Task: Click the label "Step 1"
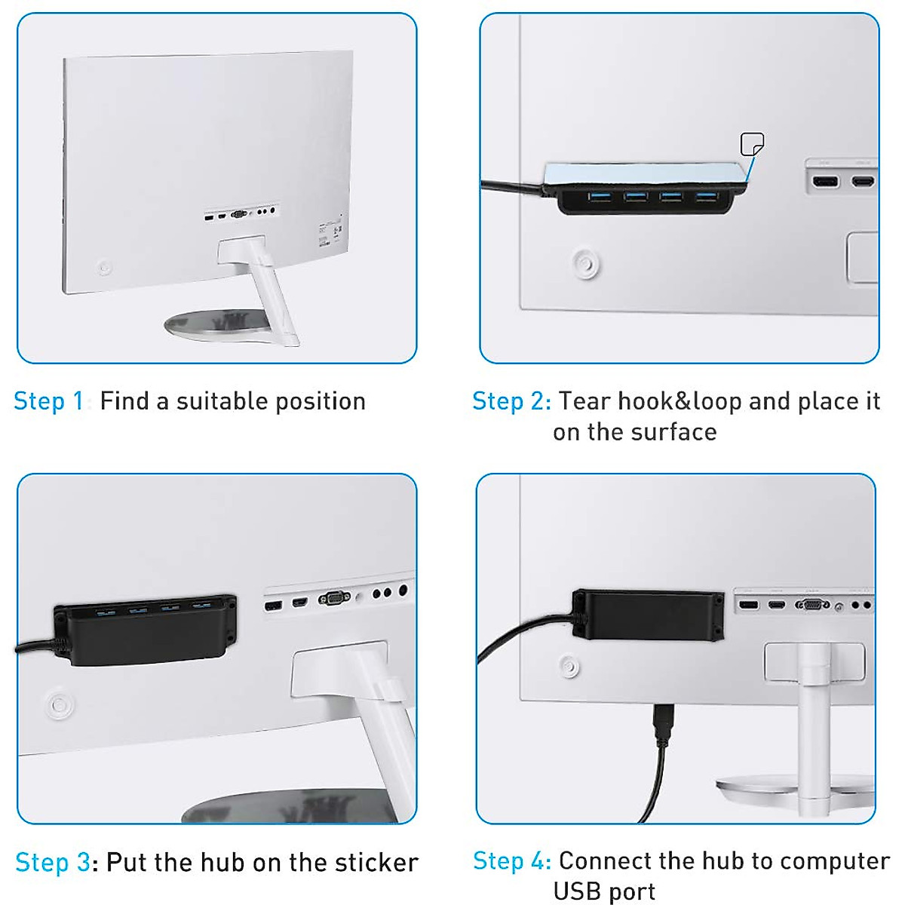pos(48,401)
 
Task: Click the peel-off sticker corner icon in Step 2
pos(752,143)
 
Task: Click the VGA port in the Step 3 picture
pos(333,598)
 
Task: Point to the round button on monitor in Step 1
pos(104,268)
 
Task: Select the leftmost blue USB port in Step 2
pos(600,197)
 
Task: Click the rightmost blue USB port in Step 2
pos(706,197)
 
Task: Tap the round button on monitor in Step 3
pos(59,704)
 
